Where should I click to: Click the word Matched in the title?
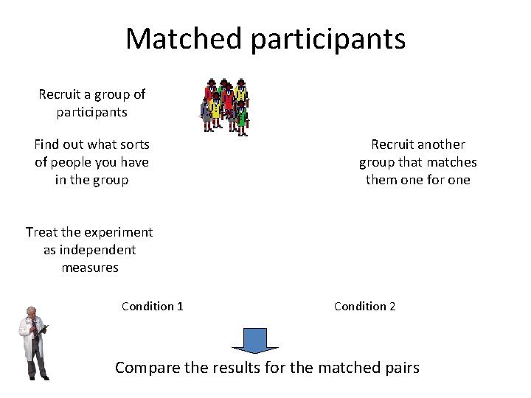pos(184,38)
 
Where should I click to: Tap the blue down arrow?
pos(255,341)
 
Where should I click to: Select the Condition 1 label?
pos(153,306)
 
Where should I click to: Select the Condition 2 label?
pos(365,306)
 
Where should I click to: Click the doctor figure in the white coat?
pos(34,343)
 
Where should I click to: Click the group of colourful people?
pos(225,105)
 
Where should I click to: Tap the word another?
pos(442,144)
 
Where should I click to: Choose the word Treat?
pos(41,232)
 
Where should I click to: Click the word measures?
pos(90,268)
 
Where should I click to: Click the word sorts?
pos(133,144)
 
